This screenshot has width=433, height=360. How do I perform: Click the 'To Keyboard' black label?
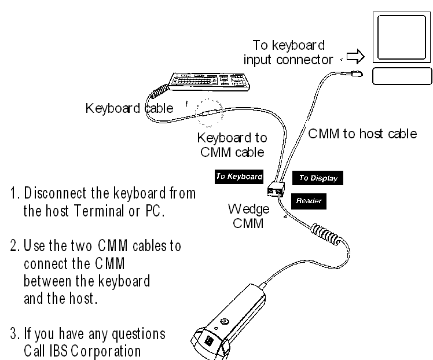[239, 177]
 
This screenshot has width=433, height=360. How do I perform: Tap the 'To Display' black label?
[318, 178]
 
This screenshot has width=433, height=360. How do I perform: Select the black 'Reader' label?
[309, 201]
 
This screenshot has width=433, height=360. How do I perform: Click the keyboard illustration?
[209, 82]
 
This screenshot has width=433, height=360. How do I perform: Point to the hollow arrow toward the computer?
[355, 56]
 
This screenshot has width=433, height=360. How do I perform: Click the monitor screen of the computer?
[402, 37]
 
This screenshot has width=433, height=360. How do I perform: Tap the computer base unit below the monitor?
[402, 76]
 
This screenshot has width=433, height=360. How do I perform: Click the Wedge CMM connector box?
[276, 189]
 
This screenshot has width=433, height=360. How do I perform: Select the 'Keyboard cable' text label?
[129, 108]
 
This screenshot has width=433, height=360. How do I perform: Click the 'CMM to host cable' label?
[362, 134]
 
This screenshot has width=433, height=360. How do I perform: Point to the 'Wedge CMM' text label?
[248, 216]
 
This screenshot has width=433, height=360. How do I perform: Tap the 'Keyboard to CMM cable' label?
[232, 145]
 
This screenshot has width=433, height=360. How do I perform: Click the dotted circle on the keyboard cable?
[209, 113]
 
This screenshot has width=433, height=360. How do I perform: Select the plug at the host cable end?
[357, 74]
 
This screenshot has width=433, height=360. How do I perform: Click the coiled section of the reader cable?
[326, 234]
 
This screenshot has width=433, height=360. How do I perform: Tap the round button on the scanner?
[224, 321]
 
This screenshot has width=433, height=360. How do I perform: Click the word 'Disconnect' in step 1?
[55, 193]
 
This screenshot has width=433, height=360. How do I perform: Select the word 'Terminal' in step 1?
[100, 211]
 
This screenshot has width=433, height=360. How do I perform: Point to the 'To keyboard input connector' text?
[288, 53]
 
